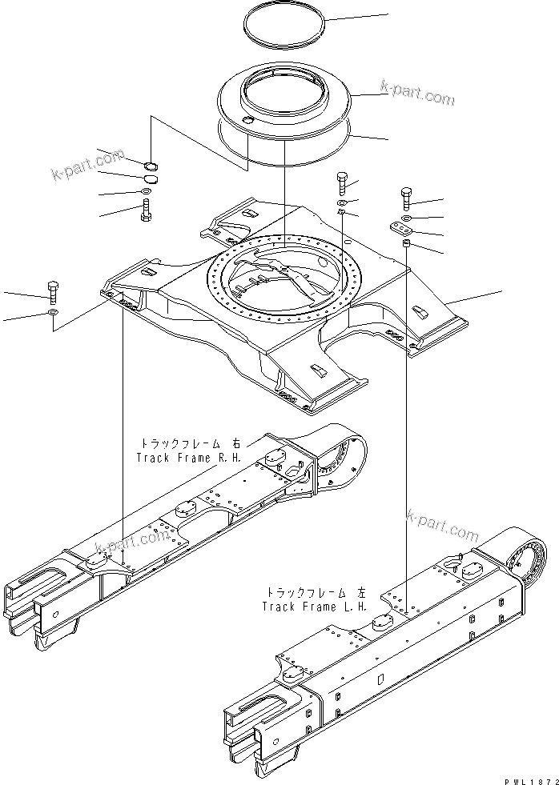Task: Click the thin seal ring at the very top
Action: click(285, 36)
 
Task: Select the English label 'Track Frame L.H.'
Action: click(315, 606)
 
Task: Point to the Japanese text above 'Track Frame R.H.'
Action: click(190, 443)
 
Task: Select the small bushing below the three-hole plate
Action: click(406, 242)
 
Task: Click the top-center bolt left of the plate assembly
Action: click(342, 183)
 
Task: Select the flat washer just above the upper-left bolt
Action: click(147, 191)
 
